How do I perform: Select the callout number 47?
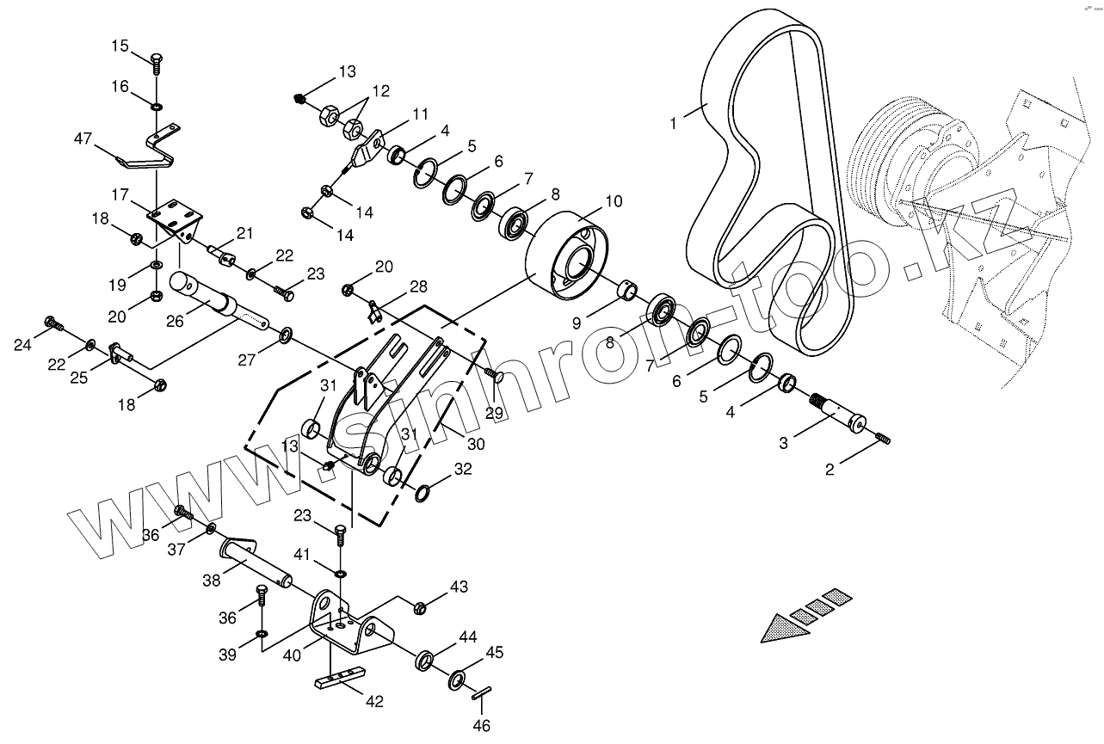pyautogui.click(x=83, y=138)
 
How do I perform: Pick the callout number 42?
pyautogui.click(x=373, y=701)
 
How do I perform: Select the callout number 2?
pyautogui.click(x=830, y=470)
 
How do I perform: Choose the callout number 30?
pyautogui.click(x=476, y=444)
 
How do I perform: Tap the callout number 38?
pyautogui.click(x=211, y=581)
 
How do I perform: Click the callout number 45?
pyautogui.click(x=495, y=652)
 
